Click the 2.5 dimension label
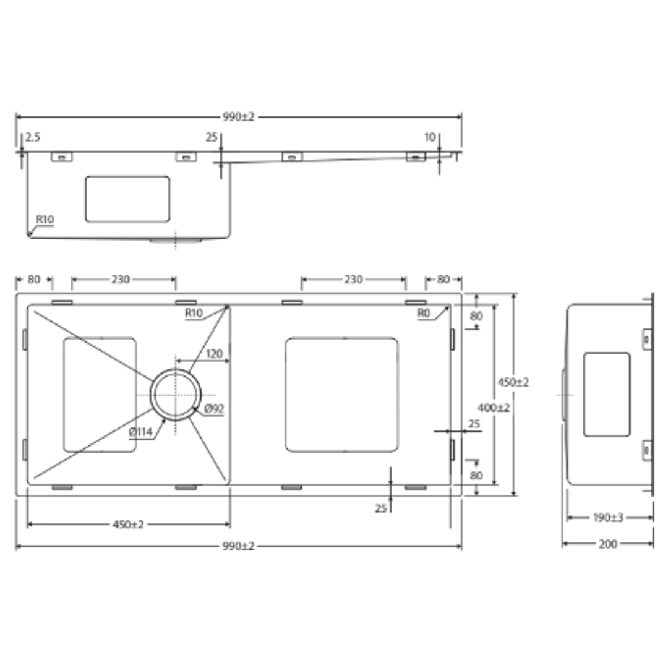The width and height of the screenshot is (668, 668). (32, 137)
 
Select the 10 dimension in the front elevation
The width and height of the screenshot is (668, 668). (430, 137)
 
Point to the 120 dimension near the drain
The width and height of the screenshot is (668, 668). (214, 354)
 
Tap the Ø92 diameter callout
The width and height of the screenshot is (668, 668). (214, 409)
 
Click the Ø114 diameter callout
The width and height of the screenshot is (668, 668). (141, 432)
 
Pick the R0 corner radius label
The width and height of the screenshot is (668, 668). (424, 313)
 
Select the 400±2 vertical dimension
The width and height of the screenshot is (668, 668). (494, 408)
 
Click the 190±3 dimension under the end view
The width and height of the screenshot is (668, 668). (609, 517)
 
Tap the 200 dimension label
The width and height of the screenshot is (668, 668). (609, 544)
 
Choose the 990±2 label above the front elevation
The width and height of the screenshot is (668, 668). (238, 117)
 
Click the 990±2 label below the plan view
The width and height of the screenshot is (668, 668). (238, 546)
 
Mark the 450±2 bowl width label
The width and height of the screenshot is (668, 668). (128, 525)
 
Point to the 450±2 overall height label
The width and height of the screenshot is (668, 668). (513, 382)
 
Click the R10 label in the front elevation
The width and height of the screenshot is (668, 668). (45, 219)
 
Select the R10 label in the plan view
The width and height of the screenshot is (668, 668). (194, 313)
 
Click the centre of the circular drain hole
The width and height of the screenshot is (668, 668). (176, 395)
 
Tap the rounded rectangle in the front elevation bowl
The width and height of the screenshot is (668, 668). (127, 199)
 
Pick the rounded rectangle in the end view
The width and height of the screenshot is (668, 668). (607, 395)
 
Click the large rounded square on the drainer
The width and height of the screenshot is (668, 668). (341, 395)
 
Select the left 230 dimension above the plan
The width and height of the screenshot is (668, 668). (121, 280)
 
